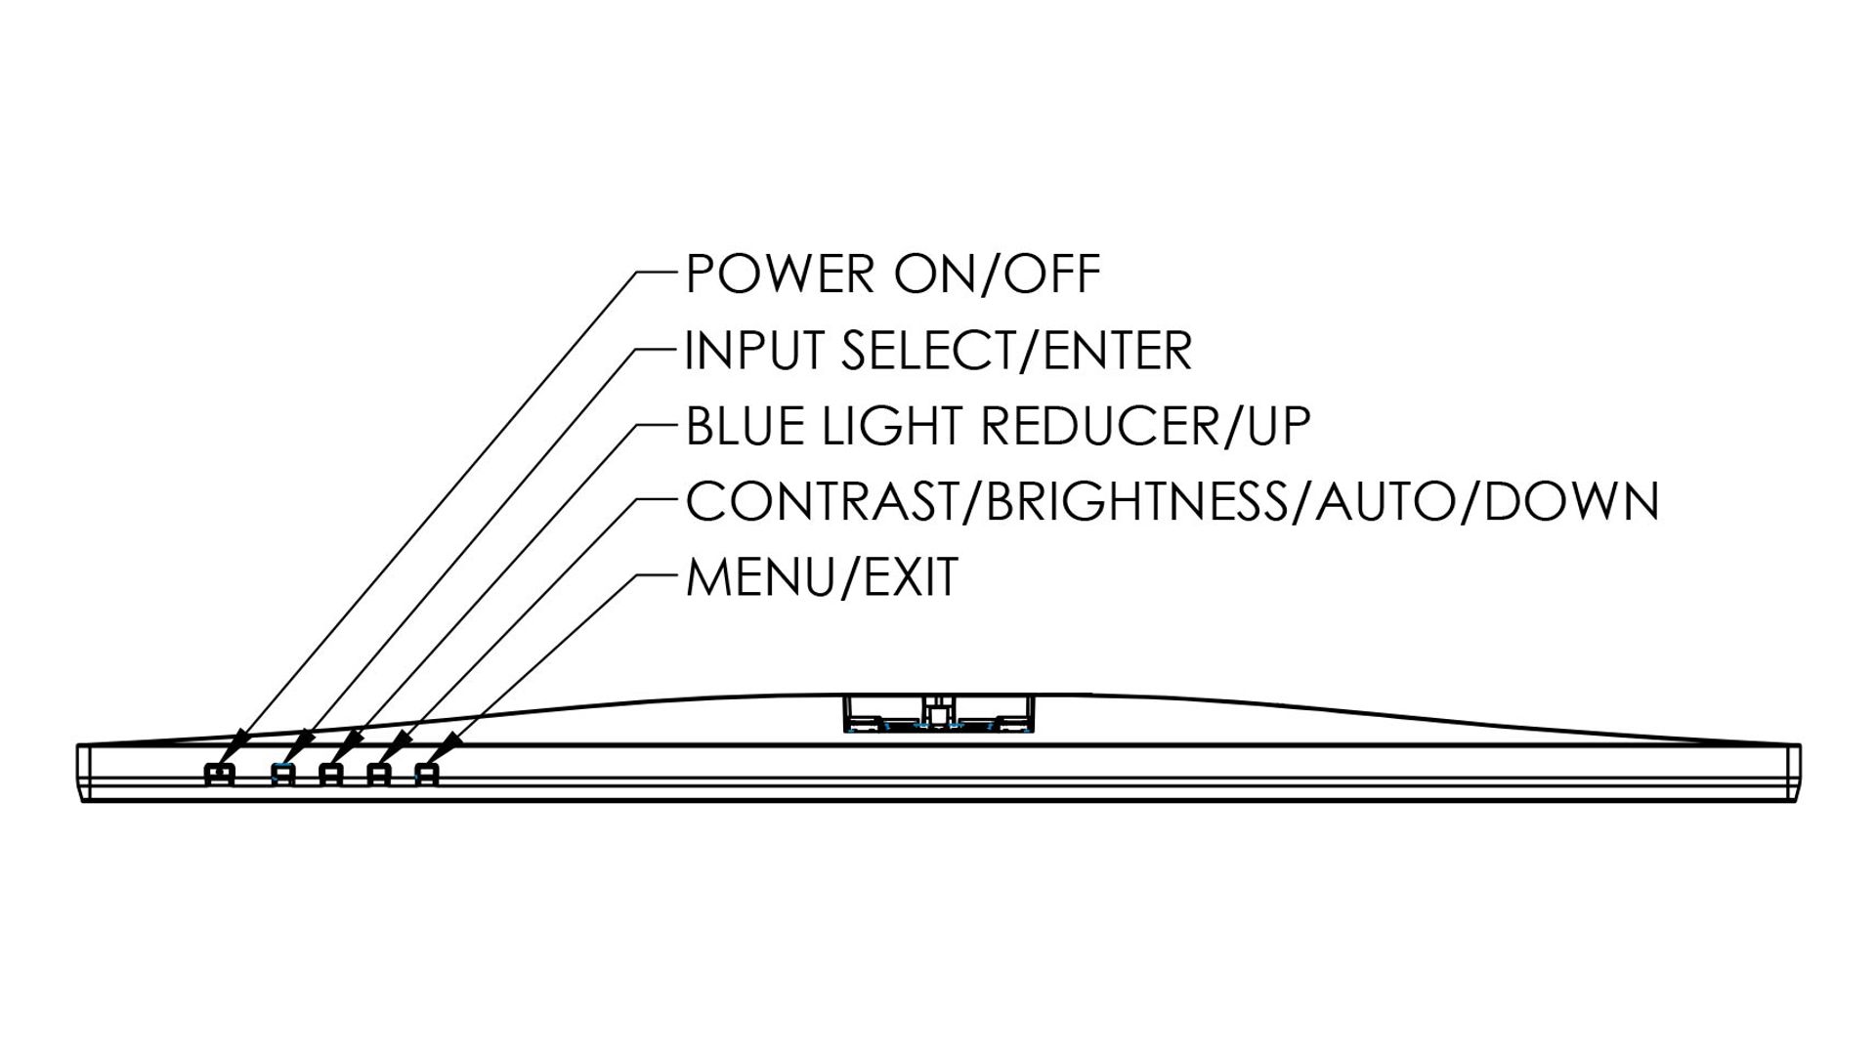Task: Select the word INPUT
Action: (x=752, y=351)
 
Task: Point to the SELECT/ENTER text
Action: (x=1016, y=351)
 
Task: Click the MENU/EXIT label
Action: (x=822, y=577)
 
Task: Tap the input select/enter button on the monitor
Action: (x=282, y=775)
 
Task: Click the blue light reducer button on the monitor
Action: (x=331, y=775)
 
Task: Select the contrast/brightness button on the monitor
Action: (x=379, y=775)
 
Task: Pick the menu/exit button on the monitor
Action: (x=427, y=775)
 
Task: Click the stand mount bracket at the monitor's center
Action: (x=938, y=713)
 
